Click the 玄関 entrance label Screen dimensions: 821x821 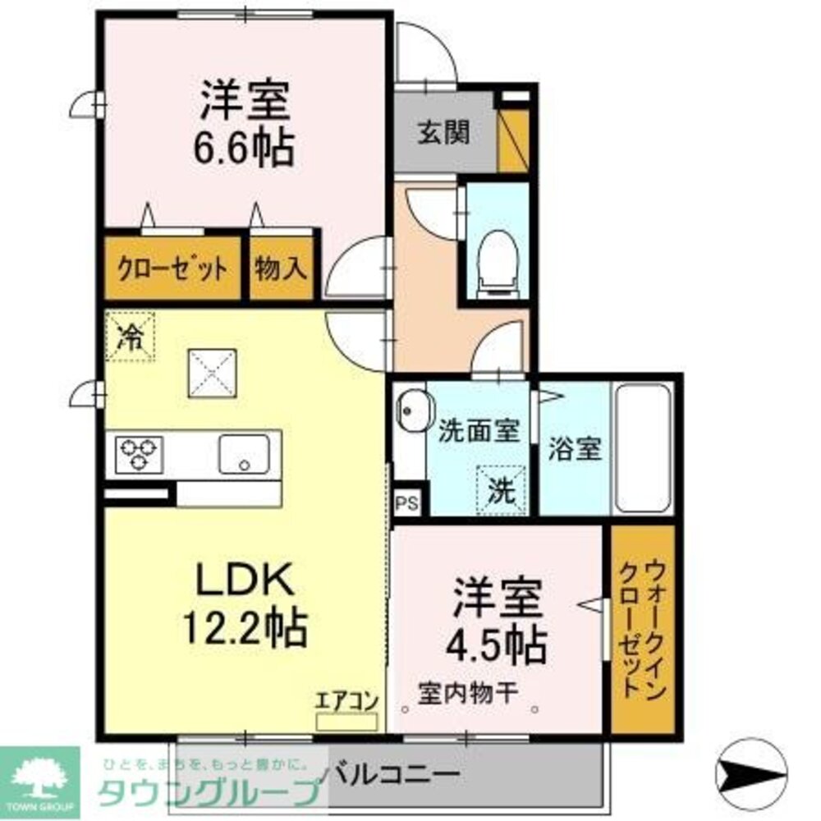[443, 132]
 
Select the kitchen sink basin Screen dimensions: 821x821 [243, 454]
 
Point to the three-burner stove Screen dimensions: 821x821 [139, 454]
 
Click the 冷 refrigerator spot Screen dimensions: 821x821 [130, 337]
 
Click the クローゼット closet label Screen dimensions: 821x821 [172, 268]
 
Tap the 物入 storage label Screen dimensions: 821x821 [281, 268]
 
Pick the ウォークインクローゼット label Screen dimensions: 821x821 [643, 628]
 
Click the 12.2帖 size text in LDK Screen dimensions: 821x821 [245, 629]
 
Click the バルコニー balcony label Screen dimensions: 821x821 [390, 773]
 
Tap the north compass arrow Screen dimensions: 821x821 [752, 772]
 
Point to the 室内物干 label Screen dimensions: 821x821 [468, 692]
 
